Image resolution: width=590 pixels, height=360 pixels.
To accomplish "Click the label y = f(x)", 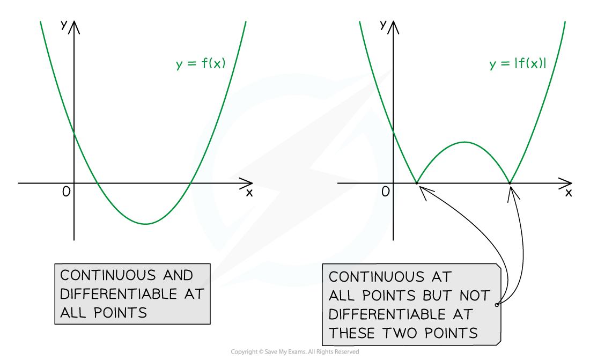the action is [201, 63].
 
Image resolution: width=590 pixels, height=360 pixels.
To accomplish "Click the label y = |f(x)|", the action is [518, 63].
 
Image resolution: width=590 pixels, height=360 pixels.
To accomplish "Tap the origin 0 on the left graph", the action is [66, 192].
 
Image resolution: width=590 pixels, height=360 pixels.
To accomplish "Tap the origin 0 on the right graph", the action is [385, 192].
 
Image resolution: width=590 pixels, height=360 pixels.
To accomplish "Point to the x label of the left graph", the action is [249, 193].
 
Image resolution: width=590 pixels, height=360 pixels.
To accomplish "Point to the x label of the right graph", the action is [569, 193].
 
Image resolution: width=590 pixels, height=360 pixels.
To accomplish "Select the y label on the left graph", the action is [64, 25].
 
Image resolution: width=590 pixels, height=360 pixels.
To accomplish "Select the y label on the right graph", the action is [383, 25].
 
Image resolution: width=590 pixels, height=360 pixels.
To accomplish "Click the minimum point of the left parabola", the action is [145, 224].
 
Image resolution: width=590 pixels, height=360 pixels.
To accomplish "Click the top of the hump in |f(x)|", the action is [464, 142].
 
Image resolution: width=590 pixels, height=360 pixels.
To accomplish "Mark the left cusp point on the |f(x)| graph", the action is [417, 183].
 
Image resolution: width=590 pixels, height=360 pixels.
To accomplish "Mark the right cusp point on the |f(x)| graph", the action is [510, 183].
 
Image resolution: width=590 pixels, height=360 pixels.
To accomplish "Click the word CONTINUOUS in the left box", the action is [108, 275].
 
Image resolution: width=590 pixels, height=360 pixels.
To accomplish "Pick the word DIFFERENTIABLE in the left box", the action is [119, 294].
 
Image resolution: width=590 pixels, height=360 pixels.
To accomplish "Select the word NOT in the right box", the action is [475, 296].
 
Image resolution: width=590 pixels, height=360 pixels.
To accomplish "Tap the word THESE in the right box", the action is [352, 333].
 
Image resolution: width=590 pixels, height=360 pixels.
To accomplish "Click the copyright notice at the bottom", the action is [294, 352].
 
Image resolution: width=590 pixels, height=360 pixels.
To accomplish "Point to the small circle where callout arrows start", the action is [497, 305].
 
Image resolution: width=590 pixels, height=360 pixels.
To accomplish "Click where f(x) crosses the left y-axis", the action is [74, 132].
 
